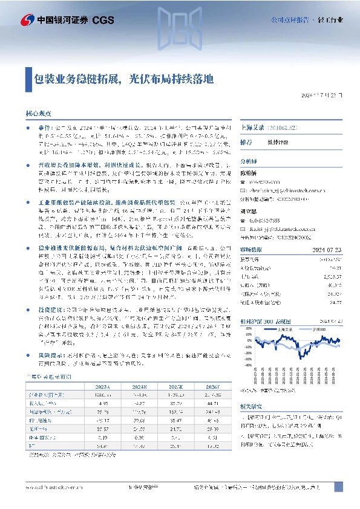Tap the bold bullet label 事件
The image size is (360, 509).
click(x=44, y=128)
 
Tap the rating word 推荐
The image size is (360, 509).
click(x=246, y=142)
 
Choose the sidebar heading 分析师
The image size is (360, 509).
click(x=249, y=162)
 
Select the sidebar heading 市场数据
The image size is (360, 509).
click(x=251, y=248)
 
